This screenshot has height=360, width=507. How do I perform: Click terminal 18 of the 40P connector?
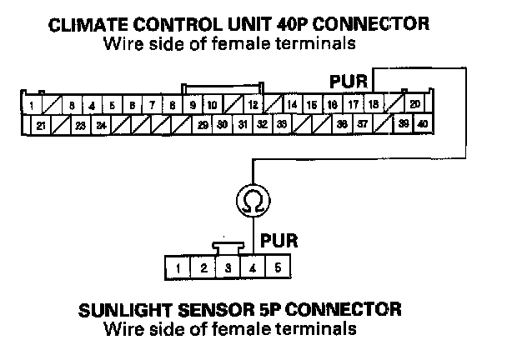373,105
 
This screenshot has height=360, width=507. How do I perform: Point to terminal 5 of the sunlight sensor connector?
278,268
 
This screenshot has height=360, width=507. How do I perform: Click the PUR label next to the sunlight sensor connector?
275,240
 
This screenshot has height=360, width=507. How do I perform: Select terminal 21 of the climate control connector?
40,126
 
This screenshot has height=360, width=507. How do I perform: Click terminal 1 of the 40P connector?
31,106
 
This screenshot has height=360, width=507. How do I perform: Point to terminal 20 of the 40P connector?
414,105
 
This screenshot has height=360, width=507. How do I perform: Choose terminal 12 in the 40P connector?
253,106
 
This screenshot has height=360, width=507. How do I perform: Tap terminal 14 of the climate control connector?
292,105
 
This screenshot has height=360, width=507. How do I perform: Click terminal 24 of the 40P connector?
101,126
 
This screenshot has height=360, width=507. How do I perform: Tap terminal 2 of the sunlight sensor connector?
203,268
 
